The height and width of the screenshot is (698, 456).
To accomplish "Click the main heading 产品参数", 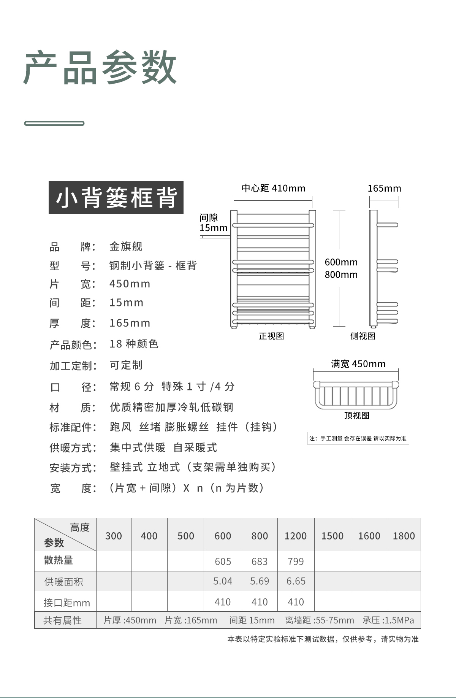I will tap(100, 68).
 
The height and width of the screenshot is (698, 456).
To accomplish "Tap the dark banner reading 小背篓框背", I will tap(116, 198).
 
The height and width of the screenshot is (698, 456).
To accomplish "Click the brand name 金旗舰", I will tap(126, 246).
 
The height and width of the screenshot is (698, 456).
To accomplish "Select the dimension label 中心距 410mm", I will tap(273, 188).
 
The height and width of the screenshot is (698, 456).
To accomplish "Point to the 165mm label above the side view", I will tap(384, 188).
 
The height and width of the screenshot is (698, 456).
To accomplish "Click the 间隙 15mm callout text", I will tap(213, 223).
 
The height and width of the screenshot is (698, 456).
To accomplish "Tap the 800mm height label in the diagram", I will tap(341, 274).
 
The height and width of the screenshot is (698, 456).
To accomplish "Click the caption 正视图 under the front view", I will tap(271, 336).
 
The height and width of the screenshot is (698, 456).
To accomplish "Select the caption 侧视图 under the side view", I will tap(363, 336).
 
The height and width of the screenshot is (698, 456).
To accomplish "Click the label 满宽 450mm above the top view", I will tap(358, 364).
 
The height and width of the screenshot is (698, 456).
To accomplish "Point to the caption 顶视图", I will tap(357, 415).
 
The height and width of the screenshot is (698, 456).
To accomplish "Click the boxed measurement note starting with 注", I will tap(358, 438).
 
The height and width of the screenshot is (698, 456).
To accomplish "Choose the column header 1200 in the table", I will tap(295, 536).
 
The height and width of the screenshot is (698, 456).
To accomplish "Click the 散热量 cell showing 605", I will tap(223, 562).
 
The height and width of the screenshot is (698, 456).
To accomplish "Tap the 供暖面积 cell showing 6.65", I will tap(296, 581).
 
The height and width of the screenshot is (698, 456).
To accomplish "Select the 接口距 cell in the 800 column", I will tap(260, 602).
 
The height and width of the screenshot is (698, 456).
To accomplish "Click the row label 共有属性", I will tap(63, 620).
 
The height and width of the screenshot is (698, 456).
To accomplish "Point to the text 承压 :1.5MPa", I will tap(388, 620).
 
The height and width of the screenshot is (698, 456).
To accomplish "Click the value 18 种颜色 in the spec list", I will tap(134, 344).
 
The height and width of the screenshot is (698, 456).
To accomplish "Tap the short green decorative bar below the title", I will tap(54, 123).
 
